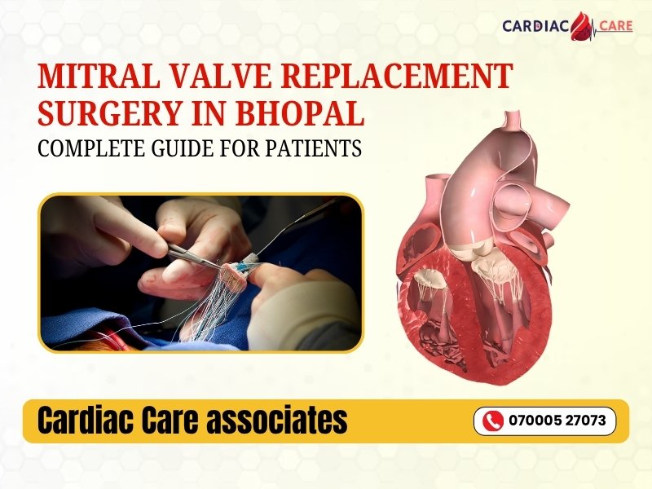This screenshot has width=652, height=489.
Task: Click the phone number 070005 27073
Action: (x=556, y=421)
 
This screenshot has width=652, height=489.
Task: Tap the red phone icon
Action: (x=492, y=421)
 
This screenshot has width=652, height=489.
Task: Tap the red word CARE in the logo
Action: (x=615, y=26)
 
